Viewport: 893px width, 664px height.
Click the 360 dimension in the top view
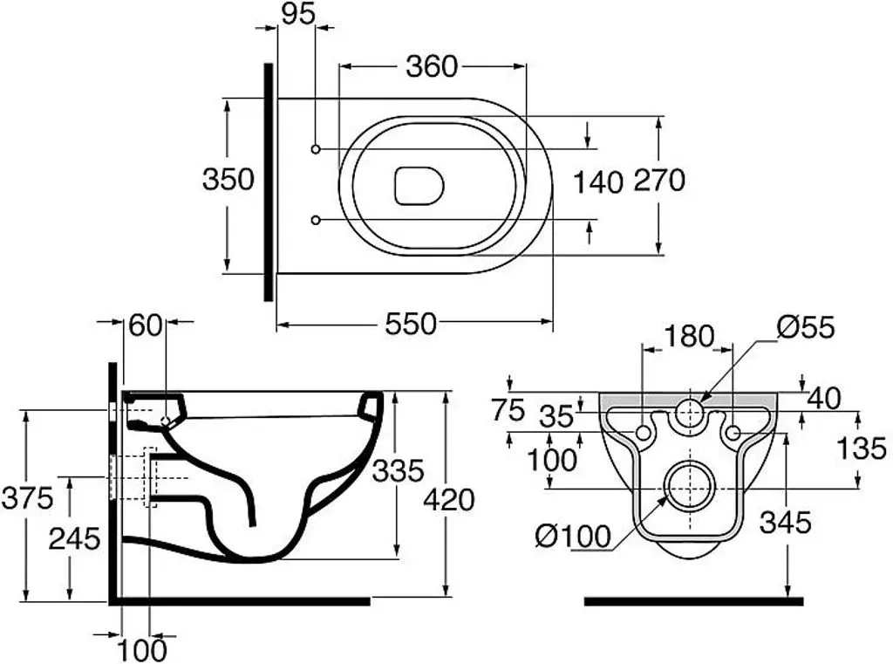[x=432, y=66]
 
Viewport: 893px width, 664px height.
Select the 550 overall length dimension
[x=411, y=324]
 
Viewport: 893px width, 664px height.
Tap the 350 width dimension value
[x=228, y=179]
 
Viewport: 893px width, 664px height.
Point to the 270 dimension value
[x=659, y=181]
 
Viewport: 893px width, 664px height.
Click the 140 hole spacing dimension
[x=597, y=182]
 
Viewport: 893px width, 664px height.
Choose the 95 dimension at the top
[x=298, y=14]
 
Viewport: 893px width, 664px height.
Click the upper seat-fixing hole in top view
[x=316, y=148]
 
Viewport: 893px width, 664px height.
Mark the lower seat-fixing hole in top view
[x=316, y=220]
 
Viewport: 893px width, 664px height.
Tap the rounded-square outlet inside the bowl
[x=419, y=185]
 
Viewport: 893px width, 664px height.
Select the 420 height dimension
[x=449, y=500]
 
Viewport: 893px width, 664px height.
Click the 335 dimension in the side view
[x=398, y=471]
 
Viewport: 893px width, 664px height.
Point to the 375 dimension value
[x=27, y=498]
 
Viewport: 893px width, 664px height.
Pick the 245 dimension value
[x=75, y=538]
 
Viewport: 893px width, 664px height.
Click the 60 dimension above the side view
[x=146, y=325]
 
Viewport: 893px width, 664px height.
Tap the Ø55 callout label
[x=806, y=327]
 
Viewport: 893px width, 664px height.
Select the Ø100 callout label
[x=573, y=536]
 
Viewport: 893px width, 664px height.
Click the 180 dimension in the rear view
[x=689, y=336]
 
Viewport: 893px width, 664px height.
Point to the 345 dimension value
[x=786, y=522]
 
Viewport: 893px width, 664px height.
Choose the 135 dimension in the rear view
[x=862, y=448]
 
